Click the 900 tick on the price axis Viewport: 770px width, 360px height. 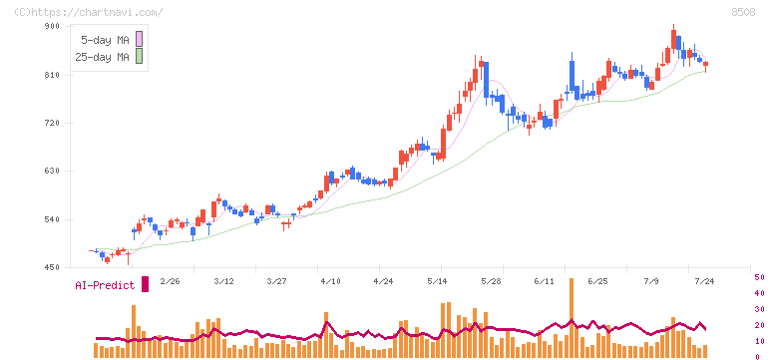pos(52,26)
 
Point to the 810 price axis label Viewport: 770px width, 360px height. pos(52,75)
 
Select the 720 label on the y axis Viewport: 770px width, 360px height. pos(52,123)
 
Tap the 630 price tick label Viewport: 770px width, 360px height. pos(52,171)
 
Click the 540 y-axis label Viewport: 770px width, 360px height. pos(52,219)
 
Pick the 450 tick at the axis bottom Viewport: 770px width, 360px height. pos(52,267)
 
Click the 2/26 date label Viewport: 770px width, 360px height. pos(170,281)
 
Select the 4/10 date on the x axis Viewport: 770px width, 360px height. pos(330,281)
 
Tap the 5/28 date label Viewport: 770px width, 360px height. pos(491,281)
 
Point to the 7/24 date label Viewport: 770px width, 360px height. pos(704,281)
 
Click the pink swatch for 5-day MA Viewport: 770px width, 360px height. pos(139,39)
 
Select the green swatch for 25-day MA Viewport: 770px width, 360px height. pos(139,57)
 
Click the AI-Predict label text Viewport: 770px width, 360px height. pos(105,285)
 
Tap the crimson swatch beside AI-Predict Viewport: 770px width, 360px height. pos(145,284)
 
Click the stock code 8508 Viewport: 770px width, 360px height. pos(743,13)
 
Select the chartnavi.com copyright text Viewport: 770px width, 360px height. pos(88,12)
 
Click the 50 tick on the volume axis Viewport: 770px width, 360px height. pos(759,277)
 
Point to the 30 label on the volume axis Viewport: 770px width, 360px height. pos(759,309)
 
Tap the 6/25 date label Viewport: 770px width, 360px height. pos(597,281)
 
